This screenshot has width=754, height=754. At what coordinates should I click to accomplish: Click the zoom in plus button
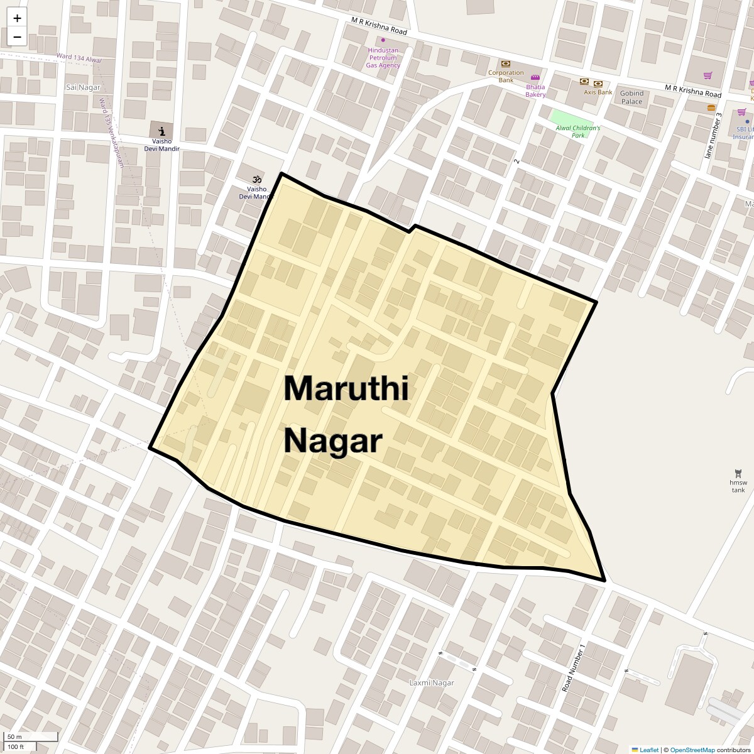[17, 18]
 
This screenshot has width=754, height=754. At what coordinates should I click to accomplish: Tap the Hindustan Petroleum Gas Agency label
[383, 58]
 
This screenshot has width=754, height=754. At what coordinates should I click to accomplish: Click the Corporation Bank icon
[505, 63]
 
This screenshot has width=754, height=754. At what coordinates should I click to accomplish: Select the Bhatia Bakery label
[535, 90]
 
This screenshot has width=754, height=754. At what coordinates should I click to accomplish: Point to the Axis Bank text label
[598, 92]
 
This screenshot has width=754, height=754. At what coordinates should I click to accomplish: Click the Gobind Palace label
[631, 97]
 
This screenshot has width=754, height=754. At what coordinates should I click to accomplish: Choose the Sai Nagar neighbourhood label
[80, 86]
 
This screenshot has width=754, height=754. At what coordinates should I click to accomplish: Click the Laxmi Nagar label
[431, 682]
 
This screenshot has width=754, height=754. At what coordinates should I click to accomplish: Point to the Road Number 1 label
[574, 668]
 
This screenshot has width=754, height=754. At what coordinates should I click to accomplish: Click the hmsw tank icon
[738, 473]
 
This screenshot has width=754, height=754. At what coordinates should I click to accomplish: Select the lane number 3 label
[713, 135]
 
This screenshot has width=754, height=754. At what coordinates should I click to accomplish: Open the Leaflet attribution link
[648, 750]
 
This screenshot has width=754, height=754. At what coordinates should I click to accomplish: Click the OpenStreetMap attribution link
[692, 750]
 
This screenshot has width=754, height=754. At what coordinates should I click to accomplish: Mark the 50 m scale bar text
[14, 736]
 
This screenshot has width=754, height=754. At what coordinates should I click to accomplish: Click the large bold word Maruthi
[346, 388]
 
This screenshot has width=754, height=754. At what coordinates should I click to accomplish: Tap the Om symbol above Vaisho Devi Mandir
[256, 179]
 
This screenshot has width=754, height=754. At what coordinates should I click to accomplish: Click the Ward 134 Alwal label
[79, 58]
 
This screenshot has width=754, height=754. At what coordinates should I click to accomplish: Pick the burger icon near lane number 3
[711, 107]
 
